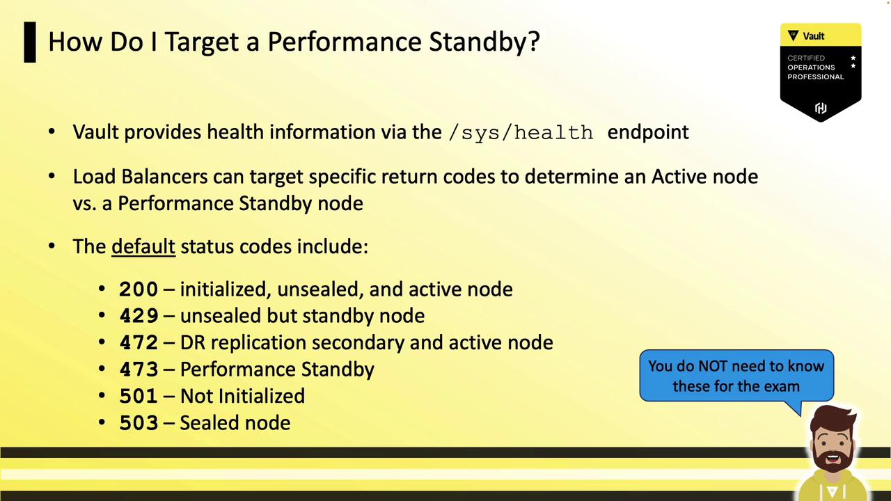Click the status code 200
[139, 289]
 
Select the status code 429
[139, 316]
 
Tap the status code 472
[139, 342]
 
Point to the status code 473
[139, 369]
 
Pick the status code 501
[139, 396]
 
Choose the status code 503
[139, 422]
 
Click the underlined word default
[143, 246]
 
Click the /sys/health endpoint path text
[521, 133]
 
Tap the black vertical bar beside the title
[30, 42]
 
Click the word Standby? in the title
[484, 42]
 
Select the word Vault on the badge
[814, 36]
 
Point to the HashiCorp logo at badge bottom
[821, 108]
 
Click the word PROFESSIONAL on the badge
[815, 77]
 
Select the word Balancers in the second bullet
[164, 177]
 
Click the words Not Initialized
[242, 396]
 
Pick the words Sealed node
[235, 422]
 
